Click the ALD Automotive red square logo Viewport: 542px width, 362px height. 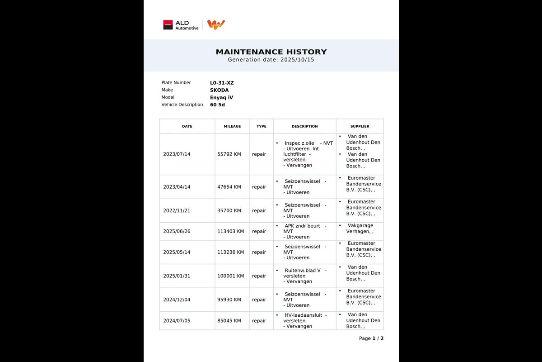pos(168,25)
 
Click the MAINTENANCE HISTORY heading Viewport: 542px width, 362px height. pos(271,52)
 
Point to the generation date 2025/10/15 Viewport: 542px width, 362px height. pos(297,60)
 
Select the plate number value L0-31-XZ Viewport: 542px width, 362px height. pos(222,83)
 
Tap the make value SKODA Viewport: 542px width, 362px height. pos(219,90)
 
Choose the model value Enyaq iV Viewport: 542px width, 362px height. pos(221,97)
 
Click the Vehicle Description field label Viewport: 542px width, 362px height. pos(182,105)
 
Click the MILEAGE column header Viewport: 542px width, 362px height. pos(232,126)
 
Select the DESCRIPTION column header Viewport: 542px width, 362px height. pos(304,126)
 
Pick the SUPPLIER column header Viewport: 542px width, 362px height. pos(360,126)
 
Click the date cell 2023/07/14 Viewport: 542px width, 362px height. pos(177,154)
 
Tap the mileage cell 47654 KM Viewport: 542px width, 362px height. pos(229,187)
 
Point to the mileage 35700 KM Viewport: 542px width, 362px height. pos(229,211)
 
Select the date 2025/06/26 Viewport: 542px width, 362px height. pos(177,232)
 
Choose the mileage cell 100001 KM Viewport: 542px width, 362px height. pos(230,276)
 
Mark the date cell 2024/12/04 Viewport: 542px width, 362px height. pos(177,300)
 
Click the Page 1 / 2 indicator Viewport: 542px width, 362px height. pos(371,338)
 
